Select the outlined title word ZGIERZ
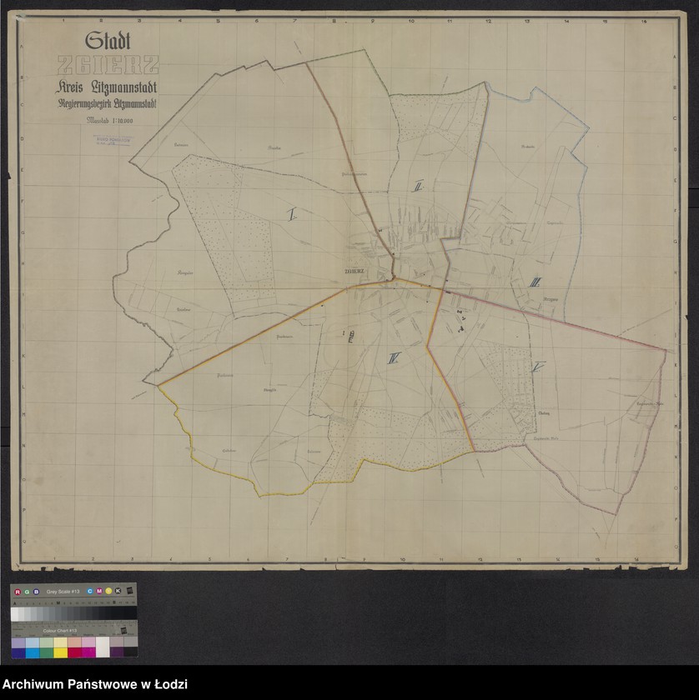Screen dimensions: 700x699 pyautogui.click(x=106, y=66)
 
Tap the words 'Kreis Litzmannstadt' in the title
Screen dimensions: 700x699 pyautogui.click(x=108, y=87)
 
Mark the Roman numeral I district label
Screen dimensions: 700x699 pyautogui.click(x=292, y=215)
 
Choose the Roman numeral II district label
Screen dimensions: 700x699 pyautogui.click(x=418, y=187)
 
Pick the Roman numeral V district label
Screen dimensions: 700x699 pyautogui.click(x=538, y=367)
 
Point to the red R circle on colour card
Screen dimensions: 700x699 pyautogui.click(x=18, y=591)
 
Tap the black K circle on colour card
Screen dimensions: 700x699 pyautogui.click(x=118, y=591)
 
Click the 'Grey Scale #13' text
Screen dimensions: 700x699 pyautogui.click(x=63, y=591)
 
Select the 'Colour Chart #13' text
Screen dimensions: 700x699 pyautogui.click(x=61, y=631)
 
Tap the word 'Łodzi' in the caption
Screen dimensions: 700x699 pyautogui.click(x=170, y=685)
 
